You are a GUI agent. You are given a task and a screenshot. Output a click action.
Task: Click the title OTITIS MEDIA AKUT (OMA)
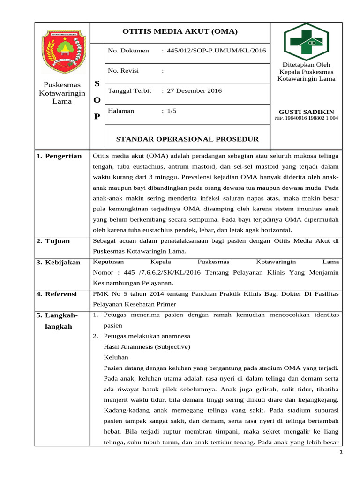coord(180,32)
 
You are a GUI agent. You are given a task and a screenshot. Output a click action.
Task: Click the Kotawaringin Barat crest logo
coord(62,51)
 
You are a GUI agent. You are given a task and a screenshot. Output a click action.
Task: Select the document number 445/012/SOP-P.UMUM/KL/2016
coord(213,51)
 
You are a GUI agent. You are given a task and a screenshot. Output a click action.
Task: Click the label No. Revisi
coord(125,71)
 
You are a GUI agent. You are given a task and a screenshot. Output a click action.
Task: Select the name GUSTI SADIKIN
coord(306,112)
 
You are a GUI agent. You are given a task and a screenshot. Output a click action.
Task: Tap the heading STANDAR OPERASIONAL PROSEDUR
coord(187,139)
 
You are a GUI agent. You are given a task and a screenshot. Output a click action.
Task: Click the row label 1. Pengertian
coord(59,156)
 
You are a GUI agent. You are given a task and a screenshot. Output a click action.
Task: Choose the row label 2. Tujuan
coord(53,241)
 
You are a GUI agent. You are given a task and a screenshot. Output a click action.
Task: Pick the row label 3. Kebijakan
coord(59,262)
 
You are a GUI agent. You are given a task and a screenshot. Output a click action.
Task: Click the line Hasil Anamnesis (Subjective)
coord(146,346)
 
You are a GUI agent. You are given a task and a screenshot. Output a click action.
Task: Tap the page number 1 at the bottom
coord(341,452)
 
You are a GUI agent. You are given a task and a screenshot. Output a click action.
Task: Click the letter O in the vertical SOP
coord(97,100)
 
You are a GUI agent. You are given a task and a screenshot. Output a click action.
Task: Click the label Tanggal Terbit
coord(129,91)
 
